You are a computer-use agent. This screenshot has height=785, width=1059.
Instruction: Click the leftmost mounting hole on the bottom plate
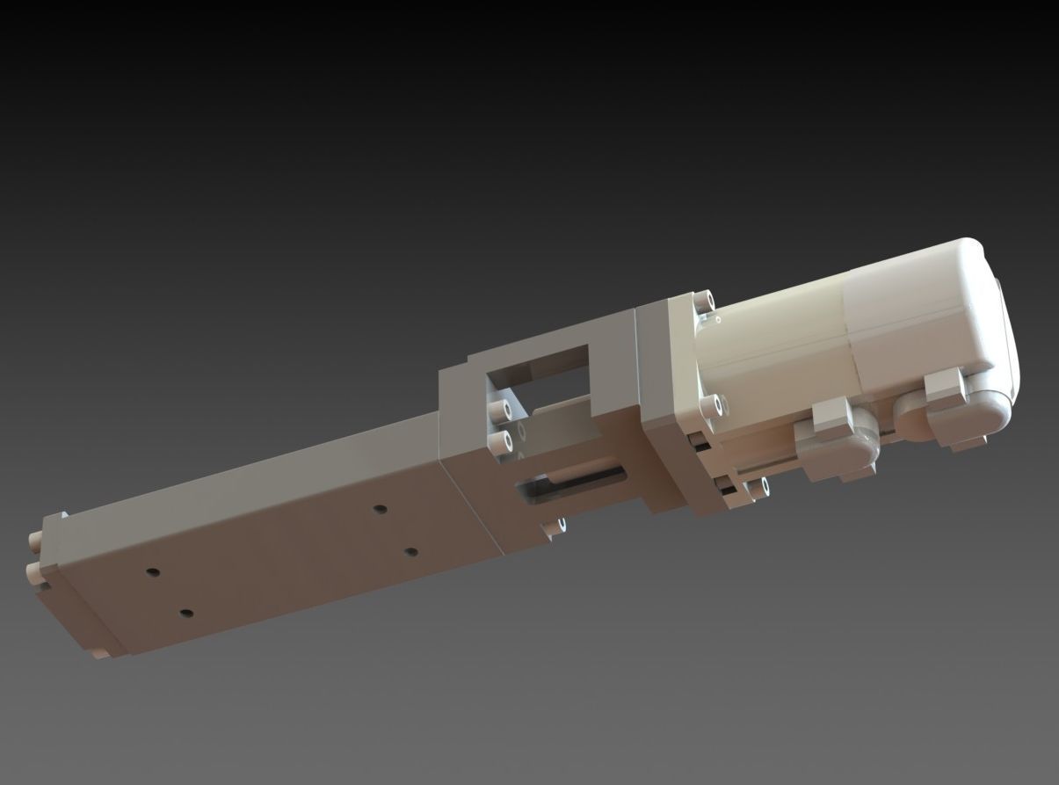[154, 572]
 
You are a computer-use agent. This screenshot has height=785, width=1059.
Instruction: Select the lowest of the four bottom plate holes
[185, 613]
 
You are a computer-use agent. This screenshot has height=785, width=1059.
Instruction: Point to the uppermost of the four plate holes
[380, 509]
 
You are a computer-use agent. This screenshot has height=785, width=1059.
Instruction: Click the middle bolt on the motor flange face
[713, 406]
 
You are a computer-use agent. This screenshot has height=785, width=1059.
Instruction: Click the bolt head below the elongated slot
[555, 527]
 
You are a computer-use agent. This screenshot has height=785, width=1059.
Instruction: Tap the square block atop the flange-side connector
[831, 414]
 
